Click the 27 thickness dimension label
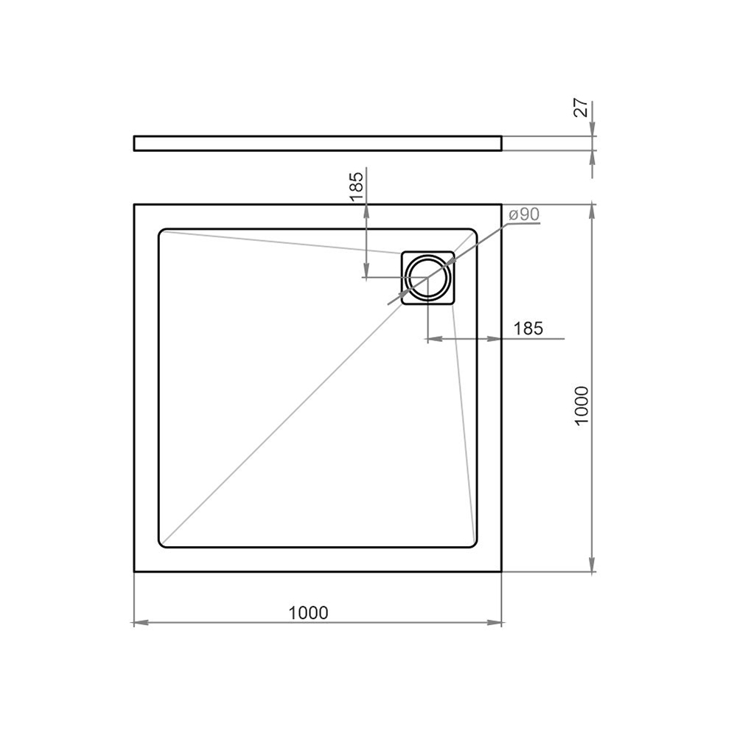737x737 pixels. (581, 108)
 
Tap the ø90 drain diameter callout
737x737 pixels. (524, 214)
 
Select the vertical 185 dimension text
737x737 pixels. (357, 186)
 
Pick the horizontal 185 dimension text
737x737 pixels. (528, 328)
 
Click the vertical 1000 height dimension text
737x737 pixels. (581, 405)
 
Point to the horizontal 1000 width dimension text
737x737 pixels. (308, 612)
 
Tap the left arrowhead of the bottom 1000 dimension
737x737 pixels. (141, 623)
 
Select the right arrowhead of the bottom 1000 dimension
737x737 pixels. (495, 623)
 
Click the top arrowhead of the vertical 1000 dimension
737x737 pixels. (593, 212)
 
